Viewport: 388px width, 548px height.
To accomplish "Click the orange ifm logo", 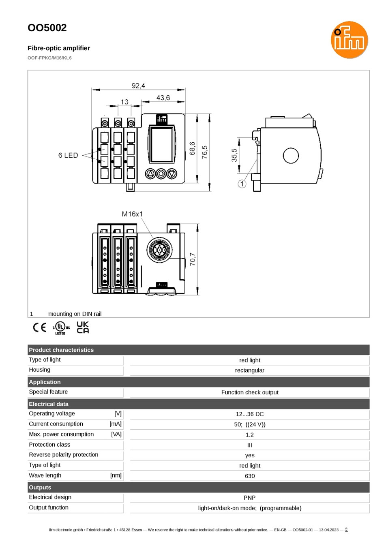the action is (x=349, y=40).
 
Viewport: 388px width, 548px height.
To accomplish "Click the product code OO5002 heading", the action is (x=47, y=28).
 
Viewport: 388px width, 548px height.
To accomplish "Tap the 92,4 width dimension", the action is (x=138, y=86).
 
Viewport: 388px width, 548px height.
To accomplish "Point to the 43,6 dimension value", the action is (x=163, y=98).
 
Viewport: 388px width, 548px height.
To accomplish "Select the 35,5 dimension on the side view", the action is (x=234, y=155).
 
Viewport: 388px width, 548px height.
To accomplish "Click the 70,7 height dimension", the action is (x=193, y=259).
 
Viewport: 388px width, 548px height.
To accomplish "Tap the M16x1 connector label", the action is (x=132, y=214).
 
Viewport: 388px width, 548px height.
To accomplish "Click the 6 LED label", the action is (x=68, y=155).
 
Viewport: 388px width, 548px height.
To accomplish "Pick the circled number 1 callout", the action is (x=242, y=184).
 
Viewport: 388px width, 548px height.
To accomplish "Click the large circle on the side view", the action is (x=291, y=156).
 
